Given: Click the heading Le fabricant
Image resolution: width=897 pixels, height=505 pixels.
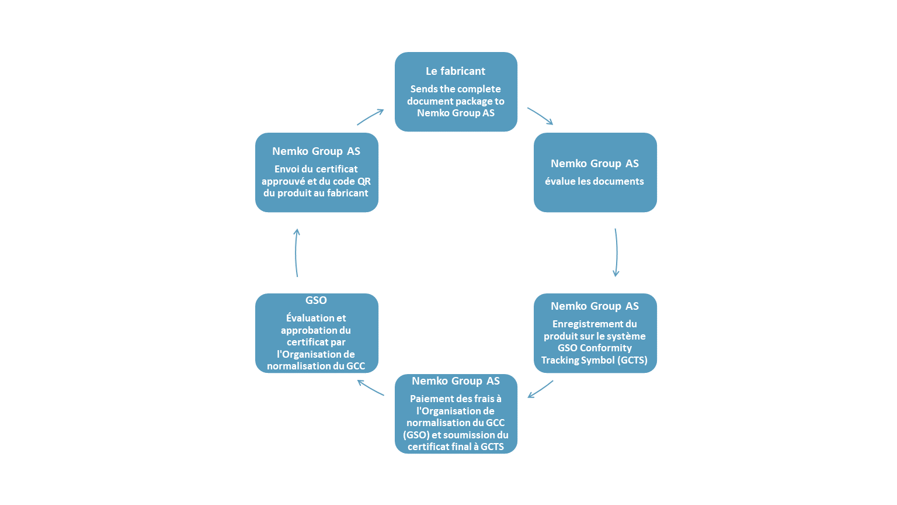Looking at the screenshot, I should pyautogui.click(x=456, y=71).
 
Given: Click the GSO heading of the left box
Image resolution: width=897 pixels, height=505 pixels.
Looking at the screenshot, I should pyautogui.click(x=316, y=300).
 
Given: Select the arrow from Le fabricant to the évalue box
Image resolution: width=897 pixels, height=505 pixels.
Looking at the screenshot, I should pyautogui.click(x=540, y=116).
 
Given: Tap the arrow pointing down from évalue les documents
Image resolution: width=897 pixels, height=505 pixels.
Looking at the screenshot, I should pyautogui.click(x=616, y=252).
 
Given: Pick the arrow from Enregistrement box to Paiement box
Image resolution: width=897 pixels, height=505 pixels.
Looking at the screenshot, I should pyautogui.click(x=540, y=389).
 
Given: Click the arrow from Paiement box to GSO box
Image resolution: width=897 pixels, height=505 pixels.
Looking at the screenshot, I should pyautogui.click(x=371, y=388).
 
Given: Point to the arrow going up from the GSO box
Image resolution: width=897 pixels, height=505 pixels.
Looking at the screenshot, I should pyautogui.click(x=297, y=252).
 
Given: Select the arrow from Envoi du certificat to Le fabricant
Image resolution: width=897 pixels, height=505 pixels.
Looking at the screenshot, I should pyautogui.click(x=371, y=116).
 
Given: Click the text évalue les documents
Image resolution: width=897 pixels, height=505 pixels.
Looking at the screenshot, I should pyautogui.click(x=594, y=182).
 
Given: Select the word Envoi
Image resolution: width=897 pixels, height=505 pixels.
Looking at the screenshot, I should pyautogui.click(x=287, y=170).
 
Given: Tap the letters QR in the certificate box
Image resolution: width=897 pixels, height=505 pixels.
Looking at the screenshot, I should pyautogui.click(x=364, y=182).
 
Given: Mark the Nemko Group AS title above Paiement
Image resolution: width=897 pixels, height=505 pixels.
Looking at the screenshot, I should pyautogui.click(x=456, y=381).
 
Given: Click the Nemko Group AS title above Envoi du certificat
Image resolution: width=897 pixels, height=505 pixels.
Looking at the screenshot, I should pyautogui.click(x=316, y=151).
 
